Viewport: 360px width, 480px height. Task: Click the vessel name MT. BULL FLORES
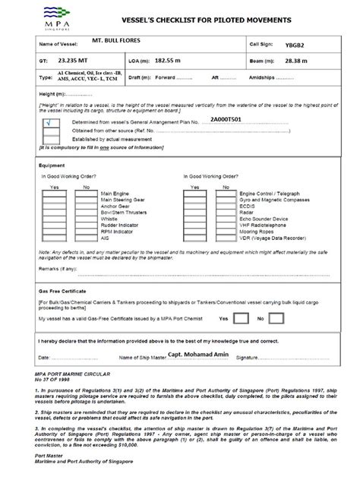[x=113, y=39]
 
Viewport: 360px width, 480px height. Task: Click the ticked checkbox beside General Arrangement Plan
[x=51, y=121]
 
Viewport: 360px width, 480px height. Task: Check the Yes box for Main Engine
[x=53, y=194]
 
